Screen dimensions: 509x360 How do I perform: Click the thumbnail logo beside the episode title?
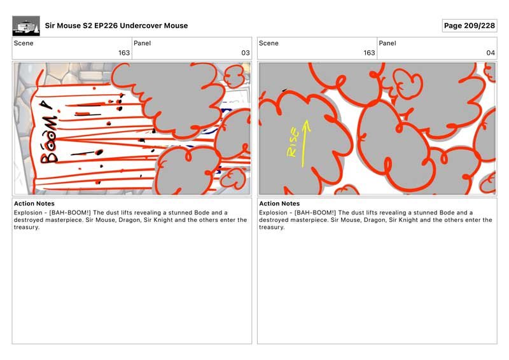[26, 25]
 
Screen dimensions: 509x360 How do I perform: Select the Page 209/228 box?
[470, 25]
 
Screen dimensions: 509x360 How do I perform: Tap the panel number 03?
[246, 53]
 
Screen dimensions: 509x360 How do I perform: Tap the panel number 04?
[491, 53]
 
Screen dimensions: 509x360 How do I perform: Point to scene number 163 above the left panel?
[124, 53]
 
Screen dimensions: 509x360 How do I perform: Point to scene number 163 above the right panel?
[369, 53]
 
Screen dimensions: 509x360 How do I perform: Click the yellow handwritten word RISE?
[293, 142]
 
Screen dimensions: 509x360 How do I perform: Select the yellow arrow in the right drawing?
[305, 144]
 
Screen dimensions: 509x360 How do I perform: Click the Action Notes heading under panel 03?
[34, 204]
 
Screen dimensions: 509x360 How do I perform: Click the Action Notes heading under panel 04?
[279, 204]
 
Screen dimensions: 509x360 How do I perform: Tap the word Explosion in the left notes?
[28, 212]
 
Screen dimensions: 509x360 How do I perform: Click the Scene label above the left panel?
[24, 43]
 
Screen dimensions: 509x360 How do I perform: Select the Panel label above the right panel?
[387, 43]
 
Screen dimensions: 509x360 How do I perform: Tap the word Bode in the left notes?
[202, 212]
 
